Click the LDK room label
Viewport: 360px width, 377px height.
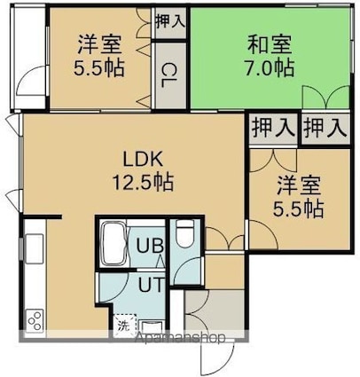143,160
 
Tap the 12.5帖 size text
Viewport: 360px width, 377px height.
143,182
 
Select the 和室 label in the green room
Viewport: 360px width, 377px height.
270,44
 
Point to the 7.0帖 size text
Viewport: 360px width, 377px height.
270,67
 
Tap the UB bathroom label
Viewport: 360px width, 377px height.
150,246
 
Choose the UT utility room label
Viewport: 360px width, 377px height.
151,286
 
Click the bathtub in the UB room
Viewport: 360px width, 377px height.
113,244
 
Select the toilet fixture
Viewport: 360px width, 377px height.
184,233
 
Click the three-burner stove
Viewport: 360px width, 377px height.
35,320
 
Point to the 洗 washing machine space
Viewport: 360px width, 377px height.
125,326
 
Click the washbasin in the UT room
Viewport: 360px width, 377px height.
152,327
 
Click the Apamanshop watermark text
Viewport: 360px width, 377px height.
180,338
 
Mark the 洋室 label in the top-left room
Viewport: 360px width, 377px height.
99,44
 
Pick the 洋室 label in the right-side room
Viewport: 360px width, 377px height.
299,185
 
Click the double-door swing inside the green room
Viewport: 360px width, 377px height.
326,97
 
